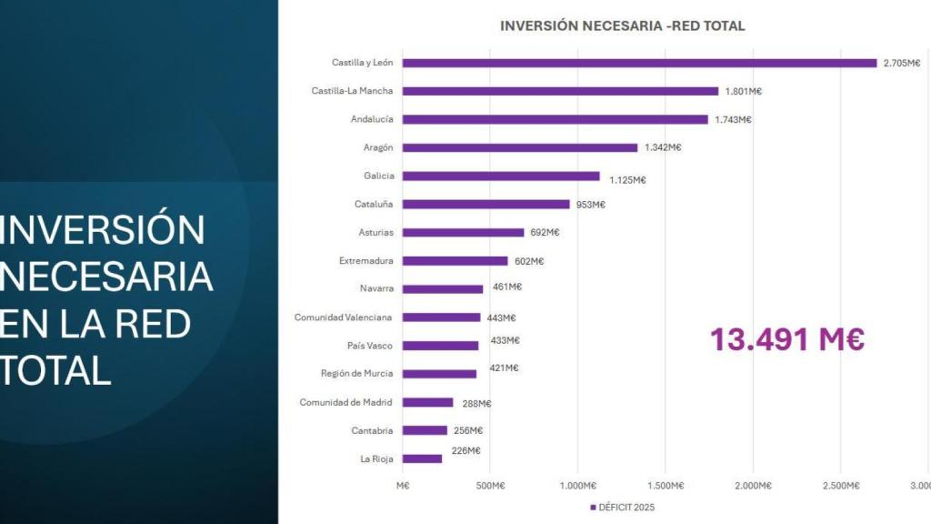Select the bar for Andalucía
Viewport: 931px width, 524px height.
tap(555, 119)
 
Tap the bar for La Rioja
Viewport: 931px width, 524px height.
tap(422, 458)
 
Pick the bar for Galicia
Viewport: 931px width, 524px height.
tap(501, 176)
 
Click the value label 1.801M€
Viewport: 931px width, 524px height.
tap(743, 91)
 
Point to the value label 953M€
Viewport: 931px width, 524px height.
tap(590, 205)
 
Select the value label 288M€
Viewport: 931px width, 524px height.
tap(472, 403)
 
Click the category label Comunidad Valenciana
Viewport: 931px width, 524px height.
tap(344, 317)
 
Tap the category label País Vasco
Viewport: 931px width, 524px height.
tap(369, 346)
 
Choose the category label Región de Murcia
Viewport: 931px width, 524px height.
tap(356, 374)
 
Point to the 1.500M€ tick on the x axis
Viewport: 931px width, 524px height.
tap(666, 486)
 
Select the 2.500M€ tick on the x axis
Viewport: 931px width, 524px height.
tap(841, 486)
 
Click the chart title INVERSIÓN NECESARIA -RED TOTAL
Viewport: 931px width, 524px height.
tap(622, 25)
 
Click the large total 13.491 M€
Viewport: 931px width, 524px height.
tap(786, 339)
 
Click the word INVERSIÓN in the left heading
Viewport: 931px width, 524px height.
tap(102, 230)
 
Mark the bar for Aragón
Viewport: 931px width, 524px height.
tap(520, 147)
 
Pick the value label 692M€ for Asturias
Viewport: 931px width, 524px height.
tap(545, 232)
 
